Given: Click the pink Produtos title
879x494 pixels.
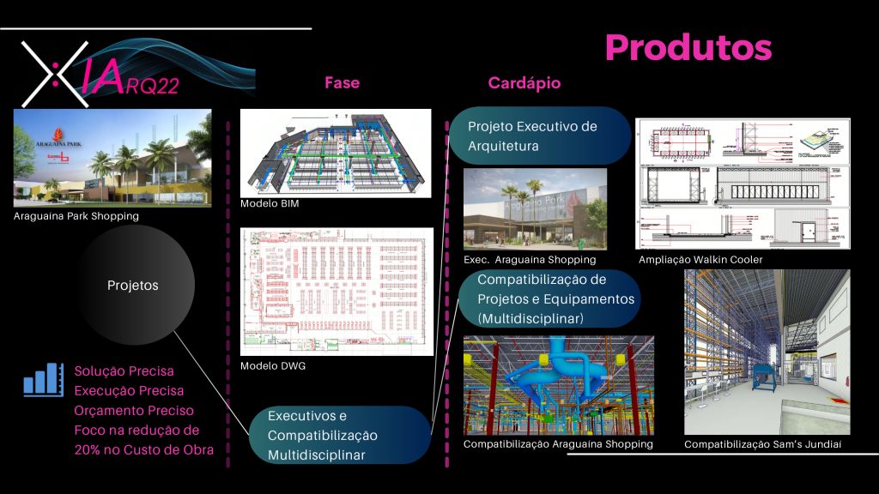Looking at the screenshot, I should click(688, 48).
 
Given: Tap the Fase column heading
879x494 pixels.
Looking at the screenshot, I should click(342, 83).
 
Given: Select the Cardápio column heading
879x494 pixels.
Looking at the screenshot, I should click(524, 83).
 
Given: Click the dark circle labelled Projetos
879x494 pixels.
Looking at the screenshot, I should click(133, 285).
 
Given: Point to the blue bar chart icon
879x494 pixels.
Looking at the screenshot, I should click(43, 379).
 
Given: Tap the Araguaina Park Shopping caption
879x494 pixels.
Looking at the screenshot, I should click(76, 216).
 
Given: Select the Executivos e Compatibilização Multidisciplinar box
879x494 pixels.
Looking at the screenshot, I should click(339, 435).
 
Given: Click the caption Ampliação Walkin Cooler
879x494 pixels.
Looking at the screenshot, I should click(700, 259).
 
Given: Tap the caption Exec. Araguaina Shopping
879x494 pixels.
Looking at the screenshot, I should click(529, 259).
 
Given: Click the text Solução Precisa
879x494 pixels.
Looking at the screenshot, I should click(124, 371).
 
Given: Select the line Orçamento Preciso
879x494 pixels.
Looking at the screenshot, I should click(134, 411).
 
